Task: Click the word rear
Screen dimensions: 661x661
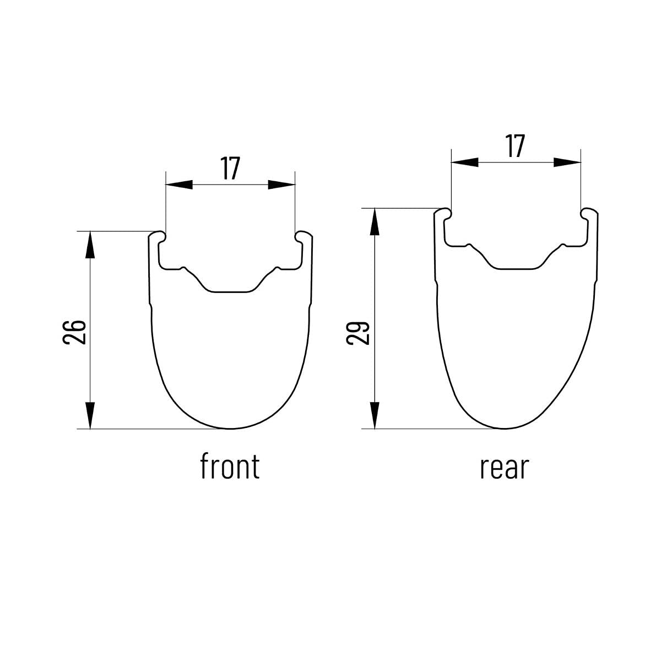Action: coord(505,468)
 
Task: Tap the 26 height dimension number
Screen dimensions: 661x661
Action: coord(74,332)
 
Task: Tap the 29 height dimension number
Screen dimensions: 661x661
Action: coord(358,333)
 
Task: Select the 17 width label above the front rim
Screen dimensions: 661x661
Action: coord(230,168)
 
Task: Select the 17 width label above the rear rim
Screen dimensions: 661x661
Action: coord(515,146)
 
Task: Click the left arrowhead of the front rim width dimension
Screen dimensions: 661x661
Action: coord(179,185)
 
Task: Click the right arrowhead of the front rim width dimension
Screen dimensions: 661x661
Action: coord(281,185)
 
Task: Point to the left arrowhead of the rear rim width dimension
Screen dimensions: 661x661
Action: coord(465,162)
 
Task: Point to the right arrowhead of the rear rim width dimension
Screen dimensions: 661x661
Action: coord(567,162)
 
